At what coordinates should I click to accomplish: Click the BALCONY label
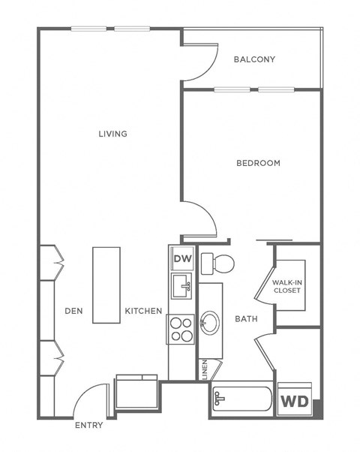[254, 59]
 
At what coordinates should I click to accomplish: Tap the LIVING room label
[112, 134]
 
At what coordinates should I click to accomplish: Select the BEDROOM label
[258, 163]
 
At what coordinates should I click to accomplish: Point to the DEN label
[73, 311]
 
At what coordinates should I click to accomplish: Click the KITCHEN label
[143, 311]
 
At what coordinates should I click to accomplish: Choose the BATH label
[246, 318]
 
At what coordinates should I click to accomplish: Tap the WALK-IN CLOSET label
[287, 285]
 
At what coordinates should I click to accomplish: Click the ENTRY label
[88, 426]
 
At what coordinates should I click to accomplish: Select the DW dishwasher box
[182, 259]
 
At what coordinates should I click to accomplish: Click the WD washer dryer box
[293, 399]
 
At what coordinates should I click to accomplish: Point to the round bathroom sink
[209, 323]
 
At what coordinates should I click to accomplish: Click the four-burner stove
[181, 328]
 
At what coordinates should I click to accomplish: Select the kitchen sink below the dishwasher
[182, 286]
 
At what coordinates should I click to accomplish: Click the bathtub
[241, 399]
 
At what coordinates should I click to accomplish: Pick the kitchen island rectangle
[106, 285]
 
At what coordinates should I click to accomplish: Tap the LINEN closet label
[204, 370]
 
